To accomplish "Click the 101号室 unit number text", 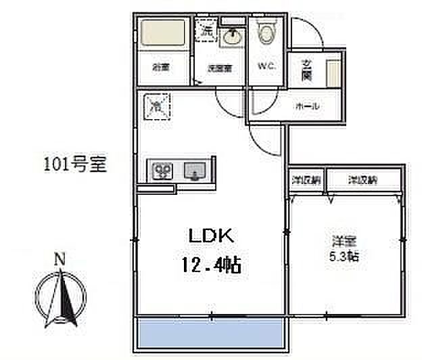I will (x=75, y=164).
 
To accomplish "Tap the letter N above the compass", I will (x=60, y=258).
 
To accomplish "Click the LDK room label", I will (x=210, y=235).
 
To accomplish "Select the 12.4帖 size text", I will (x=210, y=265).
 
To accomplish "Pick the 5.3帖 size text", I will (x=344, y=256).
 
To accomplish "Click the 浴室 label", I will (x=160, y=67).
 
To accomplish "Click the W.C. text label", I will (x=265, y=66).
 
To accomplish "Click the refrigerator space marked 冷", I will (x=157, y=106).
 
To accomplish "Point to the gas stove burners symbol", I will (x=163, y=170).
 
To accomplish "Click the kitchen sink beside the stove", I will (x=195, y=170).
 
